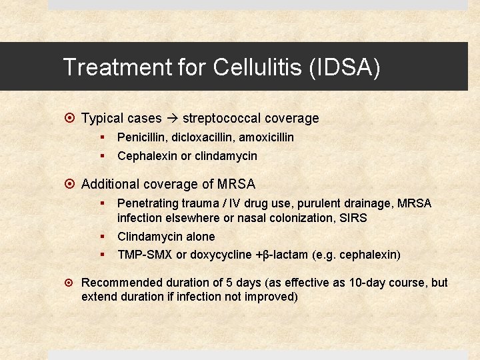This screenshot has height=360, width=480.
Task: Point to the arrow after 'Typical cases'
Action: point(171,119)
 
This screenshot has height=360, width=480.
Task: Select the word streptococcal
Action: point(221,119)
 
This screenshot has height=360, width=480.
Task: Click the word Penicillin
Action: point(140,137)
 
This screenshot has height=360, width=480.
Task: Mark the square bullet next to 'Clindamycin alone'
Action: point(103,236)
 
